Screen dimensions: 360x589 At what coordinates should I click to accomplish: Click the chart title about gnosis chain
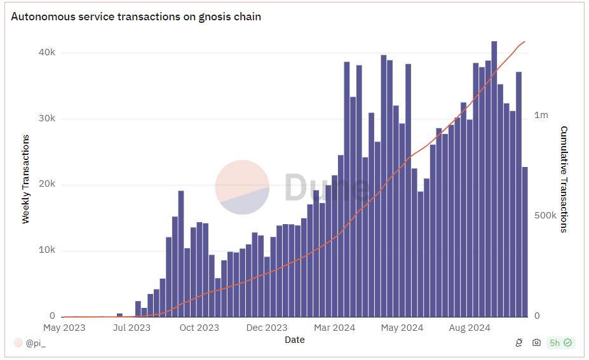pos(136,17)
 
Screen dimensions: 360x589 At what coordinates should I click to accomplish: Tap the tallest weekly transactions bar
pos(494,178)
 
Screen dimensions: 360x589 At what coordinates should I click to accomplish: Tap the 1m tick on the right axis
pos(541,115)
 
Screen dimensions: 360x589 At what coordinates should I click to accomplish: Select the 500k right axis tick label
pos(545,215)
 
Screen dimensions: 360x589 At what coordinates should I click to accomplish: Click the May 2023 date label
pos(64,328)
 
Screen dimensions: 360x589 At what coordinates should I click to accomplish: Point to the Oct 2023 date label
pos(199,328)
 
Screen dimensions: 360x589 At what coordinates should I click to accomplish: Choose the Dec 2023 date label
pos(267,328)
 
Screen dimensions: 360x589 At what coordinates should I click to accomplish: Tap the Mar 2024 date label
pos(334,328)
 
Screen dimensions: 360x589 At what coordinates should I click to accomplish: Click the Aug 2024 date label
pos(470,328)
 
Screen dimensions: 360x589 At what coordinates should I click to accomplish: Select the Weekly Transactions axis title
pos(26,179)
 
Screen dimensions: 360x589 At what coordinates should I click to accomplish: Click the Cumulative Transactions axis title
pos(564,179)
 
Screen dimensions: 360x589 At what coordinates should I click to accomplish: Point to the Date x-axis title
pos(294,340)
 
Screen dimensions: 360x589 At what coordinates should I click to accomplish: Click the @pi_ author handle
pos(34,343)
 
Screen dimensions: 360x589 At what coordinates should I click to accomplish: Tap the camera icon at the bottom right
pos(536,343)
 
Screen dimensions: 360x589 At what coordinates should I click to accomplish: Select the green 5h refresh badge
pos(560,343)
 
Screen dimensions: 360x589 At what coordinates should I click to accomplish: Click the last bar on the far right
pos(525,241)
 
